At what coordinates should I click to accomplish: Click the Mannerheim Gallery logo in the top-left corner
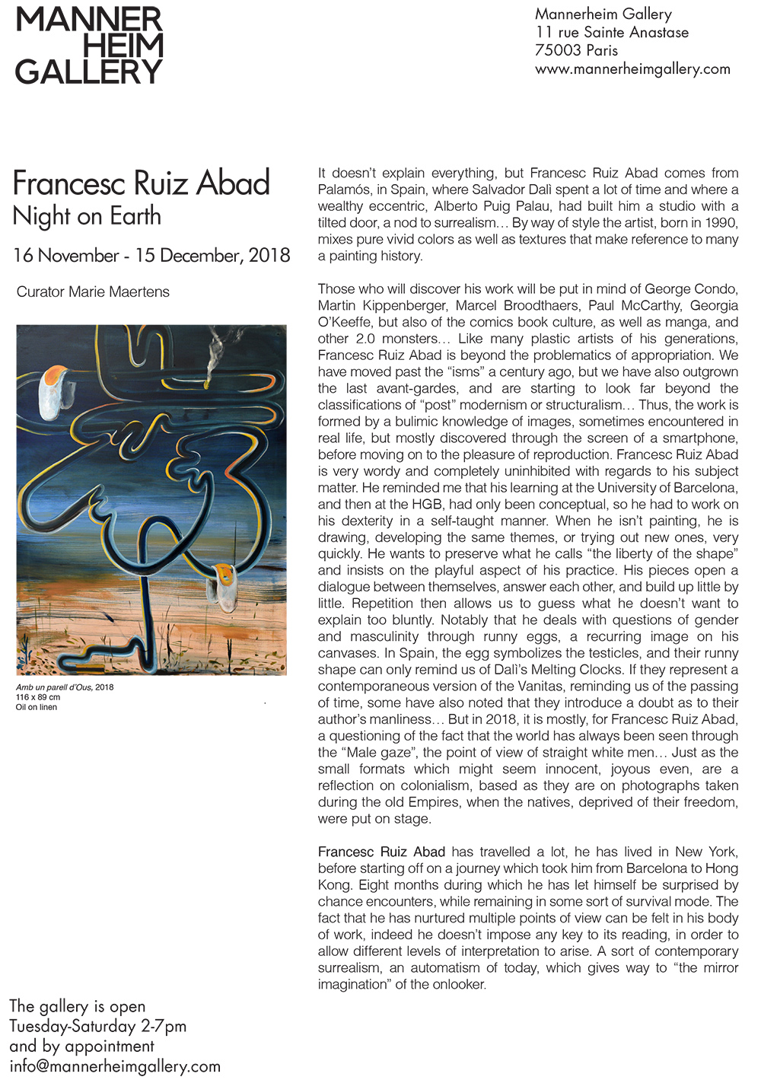(x=89, y=46)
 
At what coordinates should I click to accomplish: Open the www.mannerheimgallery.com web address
(x=632, y=69)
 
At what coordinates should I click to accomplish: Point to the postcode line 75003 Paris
(x=576, y=51)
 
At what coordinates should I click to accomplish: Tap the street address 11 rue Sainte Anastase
(x=612, y=33)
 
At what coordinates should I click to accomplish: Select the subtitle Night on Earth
(x=87, y=216)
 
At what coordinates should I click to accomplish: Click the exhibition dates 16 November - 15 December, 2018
(x=151, y=256)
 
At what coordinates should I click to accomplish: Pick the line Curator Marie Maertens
(x=93, y=292)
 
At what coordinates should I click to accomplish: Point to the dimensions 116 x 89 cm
(x=38, y=697)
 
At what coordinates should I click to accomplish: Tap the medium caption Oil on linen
(x=37, y=707)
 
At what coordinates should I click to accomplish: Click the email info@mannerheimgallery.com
(x=115, y=1066)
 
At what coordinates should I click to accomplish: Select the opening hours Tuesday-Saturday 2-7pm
(x=97, y=1026)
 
